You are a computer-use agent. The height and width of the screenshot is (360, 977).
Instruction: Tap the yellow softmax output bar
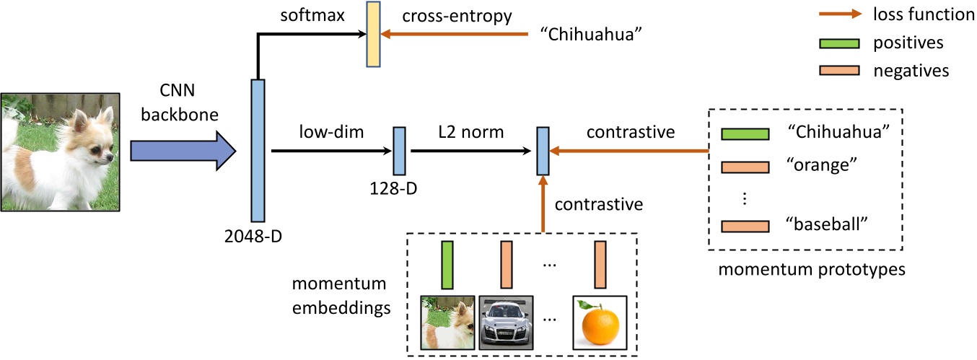(x=373, y=34)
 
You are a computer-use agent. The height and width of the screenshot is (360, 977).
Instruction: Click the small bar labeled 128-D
(x=399, y=151)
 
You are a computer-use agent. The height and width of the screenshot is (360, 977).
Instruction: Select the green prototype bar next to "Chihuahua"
(x=745, y=135)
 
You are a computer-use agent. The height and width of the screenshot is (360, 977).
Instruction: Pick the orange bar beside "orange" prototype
(x=745, y=166)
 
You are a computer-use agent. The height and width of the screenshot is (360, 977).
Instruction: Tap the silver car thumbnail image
(x=505, y=322)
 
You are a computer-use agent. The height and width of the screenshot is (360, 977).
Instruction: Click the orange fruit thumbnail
(x=600, y=322)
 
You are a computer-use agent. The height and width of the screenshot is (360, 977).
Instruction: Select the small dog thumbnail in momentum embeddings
(x=447, y=322)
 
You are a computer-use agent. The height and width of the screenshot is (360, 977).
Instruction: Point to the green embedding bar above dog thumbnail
(x=447, y=265)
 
